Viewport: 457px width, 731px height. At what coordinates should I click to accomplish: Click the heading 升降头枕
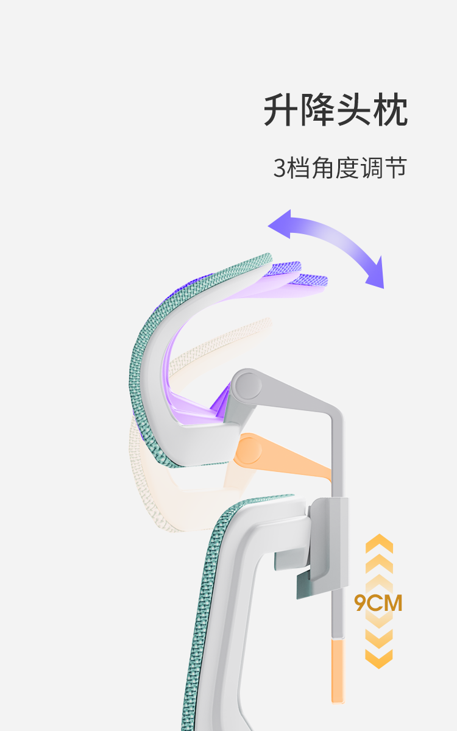pyautogui.click(x=335, y=110)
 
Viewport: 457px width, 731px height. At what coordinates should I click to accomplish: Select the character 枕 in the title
pyautogui.click(x=390, y=110)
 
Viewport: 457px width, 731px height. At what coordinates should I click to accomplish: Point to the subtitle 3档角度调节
pyautogui.click(x=339, y=168)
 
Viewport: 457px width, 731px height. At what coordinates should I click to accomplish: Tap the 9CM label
pyautogui.click(x=378, y=604)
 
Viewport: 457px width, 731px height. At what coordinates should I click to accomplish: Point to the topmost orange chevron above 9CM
pyautogui.click(x=378, y=543)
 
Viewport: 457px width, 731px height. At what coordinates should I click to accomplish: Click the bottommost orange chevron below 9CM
pyautogui.click(x=378, y=658)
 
